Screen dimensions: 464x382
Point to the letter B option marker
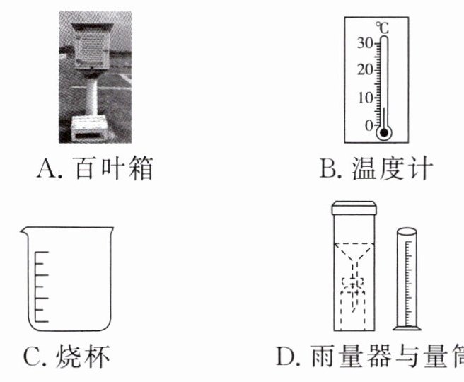tap(327, 170)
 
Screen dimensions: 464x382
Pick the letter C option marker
tap(33, 357)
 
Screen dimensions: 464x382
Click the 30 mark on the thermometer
tap(364, 42)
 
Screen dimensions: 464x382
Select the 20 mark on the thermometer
tap(364, 70)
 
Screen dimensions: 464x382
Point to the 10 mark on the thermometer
tap(364, 98)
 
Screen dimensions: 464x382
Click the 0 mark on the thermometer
tap(369, 125)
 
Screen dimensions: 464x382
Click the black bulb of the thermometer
tap(383, 132)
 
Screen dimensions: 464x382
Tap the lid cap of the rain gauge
tap(354, 207)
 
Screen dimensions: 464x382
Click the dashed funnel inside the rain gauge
tap(354, 255)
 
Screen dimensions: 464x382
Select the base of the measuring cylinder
tap(407, 327)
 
